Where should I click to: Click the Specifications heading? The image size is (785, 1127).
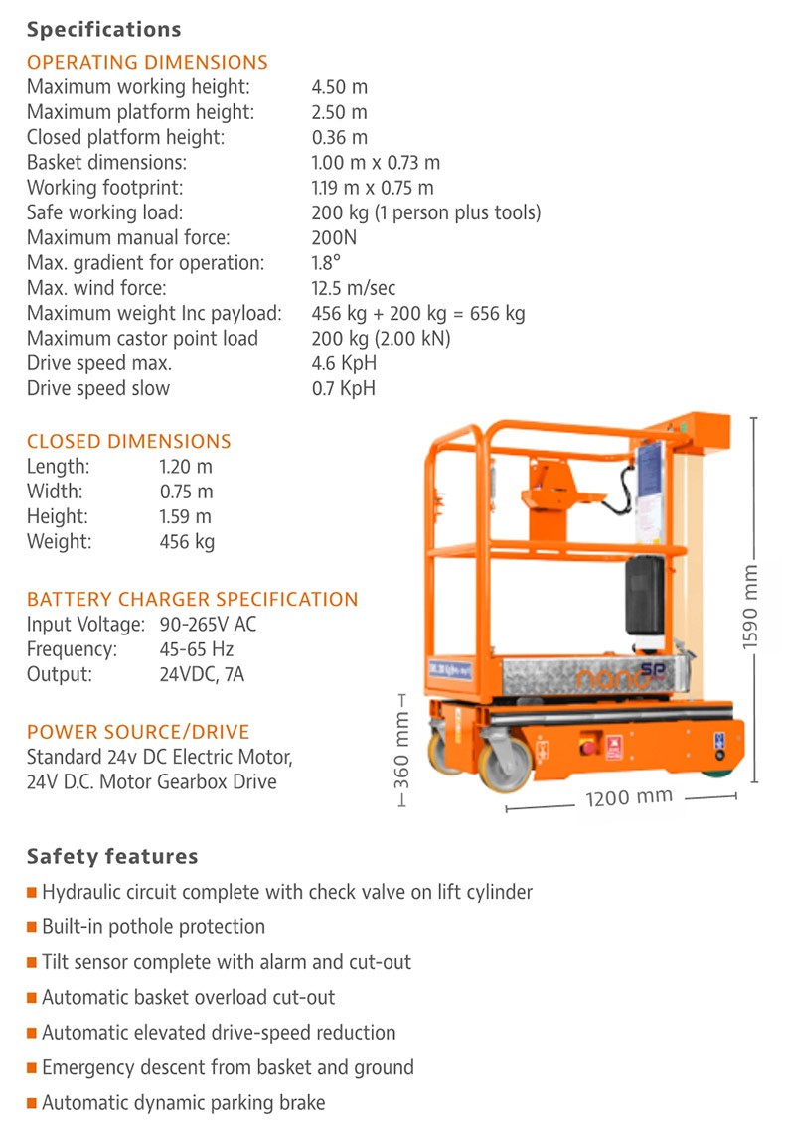(x=104, y=29)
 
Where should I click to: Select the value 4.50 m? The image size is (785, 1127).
(x=339, y=87)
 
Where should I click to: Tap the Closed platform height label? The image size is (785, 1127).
(x=125, y=137)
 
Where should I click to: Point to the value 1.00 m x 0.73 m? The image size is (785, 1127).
(x=376, y=163)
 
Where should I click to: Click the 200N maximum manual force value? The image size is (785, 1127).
(x=335, y=238)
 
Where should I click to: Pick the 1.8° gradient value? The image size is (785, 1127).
(x=326, y=263)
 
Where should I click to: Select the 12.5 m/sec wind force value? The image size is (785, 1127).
(x=354, y=288)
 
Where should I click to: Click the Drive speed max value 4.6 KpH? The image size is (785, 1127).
(x=344, y=363)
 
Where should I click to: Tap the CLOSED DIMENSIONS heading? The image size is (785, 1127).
(x=128, y=441)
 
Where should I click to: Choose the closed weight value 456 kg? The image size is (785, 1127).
(x=187, y=541)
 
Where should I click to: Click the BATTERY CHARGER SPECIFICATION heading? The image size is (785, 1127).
(x=192, y=600)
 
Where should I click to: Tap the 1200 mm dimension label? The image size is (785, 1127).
(x=628, y=797)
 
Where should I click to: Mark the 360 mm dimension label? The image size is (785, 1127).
(x=402, y=750)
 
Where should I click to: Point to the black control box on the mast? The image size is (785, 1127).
(x=643, y=597)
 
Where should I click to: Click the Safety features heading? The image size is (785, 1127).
(x=112, y=856)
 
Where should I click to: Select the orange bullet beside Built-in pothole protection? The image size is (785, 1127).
(x=33, y=927)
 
